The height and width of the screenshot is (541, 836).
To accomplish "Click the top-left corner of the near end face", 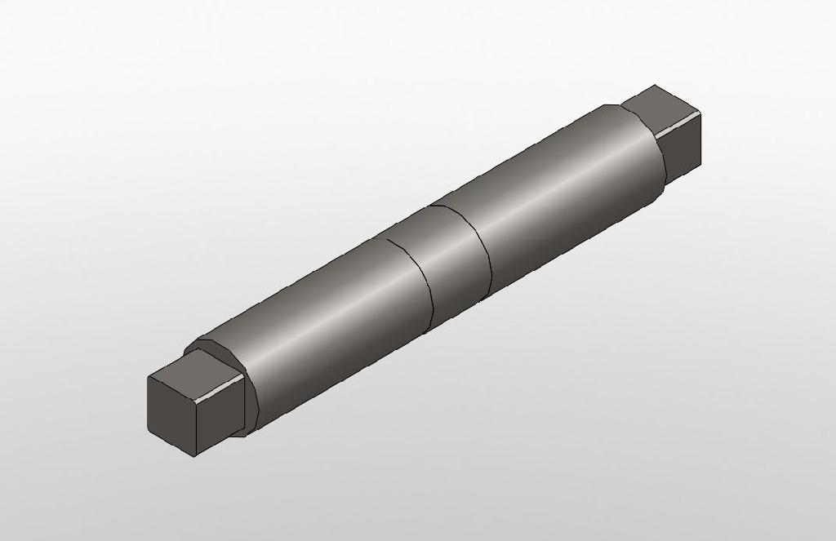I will pos(149,377).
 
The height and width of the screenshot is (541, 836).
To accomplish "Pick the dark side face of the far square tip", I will pos(682,147).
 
